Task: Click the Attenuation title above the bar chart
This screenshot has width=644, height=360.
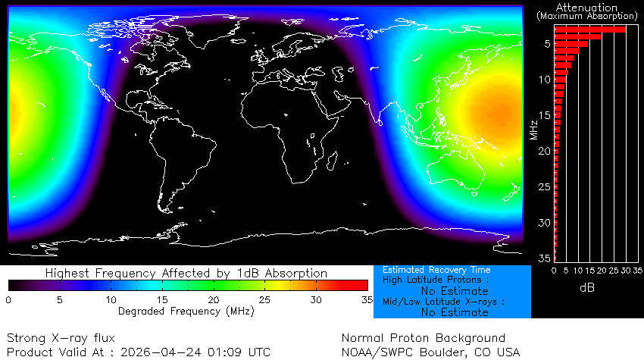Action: coord(586,7)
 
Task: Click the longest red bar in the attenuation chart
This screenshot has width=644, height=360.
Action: coord(590,30)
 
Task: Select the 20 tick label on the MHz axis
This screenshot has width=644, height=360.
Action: coord(544,152)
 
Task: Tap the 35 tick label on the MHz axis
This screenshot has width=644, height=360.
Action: coord(544,258)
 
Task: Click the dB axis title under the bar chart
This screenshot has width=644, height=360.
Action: coord(587,287)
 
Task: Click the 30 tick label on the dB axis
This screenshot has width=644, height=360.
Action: coord(626,270)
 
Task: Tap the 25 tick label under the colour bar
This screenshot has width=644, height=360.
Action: coord(265,299)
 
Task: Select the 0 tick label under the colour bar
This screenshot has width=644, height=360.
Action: coord(8,299)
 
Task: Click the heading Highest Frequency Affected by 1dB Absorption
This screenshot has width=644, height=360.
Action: coord(186,273)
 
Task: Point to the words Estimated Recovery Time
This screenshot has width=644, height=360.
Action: coord(436,270)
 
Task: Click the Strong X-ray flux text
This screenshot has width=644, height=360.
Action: coord(49,338)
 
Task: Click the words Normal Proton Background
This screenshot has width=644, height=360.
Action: coord(423,338)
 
